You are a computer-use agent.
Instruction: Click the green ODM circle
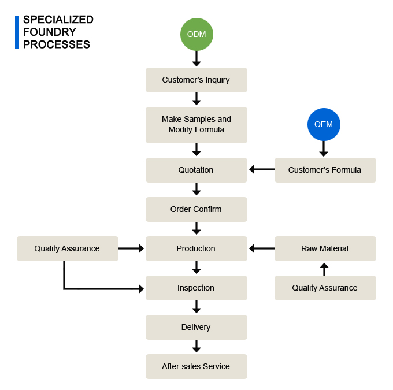tap(196, 34)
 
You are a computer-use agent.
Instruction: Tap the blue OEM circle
tap(324, 124)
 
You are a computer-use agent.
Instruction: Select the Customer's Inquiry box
tap(196, 80)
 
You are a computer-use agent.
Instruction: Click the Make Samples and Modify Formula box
tap(196, 125)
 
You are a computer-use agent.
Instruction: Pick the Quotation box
tap(196, 170)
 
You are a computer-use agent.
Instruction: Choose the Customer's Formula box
tap(325, 170)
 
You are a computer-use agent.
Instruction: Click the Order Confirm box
tap(196, 209)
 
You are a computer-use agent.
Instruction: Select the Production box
tap(196, 248)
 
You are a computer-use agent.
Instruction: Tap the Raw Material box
tap(325, 248)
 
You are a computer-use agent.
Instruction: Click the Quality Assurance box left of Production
tap(68, 248)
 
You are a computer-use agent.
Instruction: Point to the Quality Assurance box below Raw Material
tap(325, 288)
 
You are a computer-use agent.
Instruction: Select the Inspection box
tap(196, 288)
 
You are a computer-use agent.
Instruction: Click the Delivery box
tap(196, 327)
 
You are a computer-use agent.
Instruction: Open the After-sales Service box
tap(196, 366)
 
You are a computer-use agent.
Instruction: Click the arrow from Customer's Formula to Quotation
tap(261, 169)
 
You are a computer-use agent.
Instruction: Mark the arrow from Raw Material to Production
tap(261, 248)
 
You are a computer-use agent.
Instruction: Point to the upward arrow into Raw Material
tap(324, 269)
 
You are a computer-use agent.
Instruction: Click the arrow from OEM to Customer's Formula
tap(324, 149)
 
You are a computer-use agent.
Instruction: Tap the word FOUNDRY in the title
tap(50, 32)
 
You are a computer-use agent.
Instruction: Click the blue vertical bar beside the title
tap(17, 32)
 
